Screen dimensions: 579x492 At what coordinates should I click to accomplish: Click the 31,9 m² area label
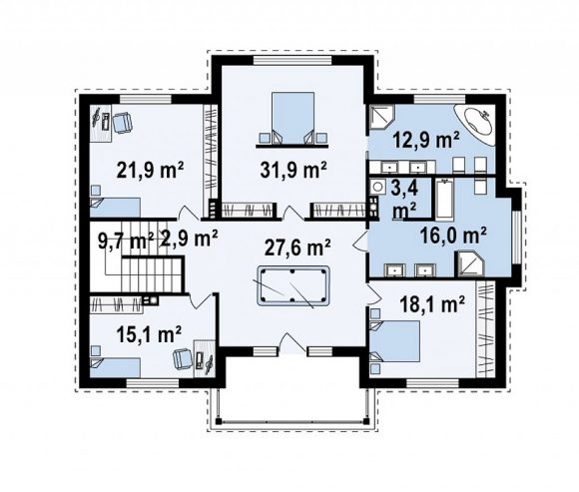(293, 170)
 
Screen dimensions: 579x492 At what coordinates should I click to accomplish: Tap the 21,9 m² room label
(151, 170)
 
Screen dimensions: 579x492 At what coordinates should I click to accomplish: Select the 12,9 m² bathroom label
(426, 140)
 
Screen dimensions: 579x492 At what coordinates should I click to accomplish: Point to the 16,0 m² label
(453, 236)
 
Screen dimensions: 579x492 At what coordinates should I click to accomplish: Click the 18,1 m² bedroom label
(432, 305)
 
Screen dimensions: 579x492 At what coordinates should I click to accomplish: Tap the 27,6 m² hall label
(297, 246)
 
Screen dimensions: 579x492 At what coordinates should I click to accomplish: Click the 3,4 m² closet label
(404, 200)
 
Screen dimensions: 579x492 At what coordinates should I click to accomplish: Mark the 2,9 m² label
(189, 239)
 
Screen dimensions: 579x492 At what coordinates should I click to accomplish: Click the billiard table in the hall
(292, 285)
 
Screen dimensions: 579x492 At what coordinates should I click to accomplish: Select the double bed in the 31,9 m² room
(292, 118)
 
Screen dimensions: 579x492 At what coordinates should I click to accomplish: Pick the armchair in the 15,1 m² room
(184, 359)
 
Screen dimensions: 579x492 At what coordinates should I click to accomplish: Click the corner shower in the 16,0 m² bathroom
(470, 263)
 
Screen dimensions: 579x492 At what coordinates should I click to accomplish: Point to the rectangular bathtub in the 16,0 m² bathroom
(444, 199)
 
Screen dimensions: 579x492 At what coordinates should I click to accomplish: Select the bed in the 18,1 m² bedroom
(395, 341)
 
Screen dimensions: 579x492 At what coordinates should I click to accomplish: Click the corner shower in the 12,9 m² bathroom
(382, 117)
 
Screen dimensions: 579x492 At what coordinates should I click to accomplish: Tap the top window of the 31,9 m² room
(292, 60)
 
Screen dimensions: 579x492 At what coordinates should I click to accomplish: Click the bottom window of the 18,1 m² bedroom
(432, 383)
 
